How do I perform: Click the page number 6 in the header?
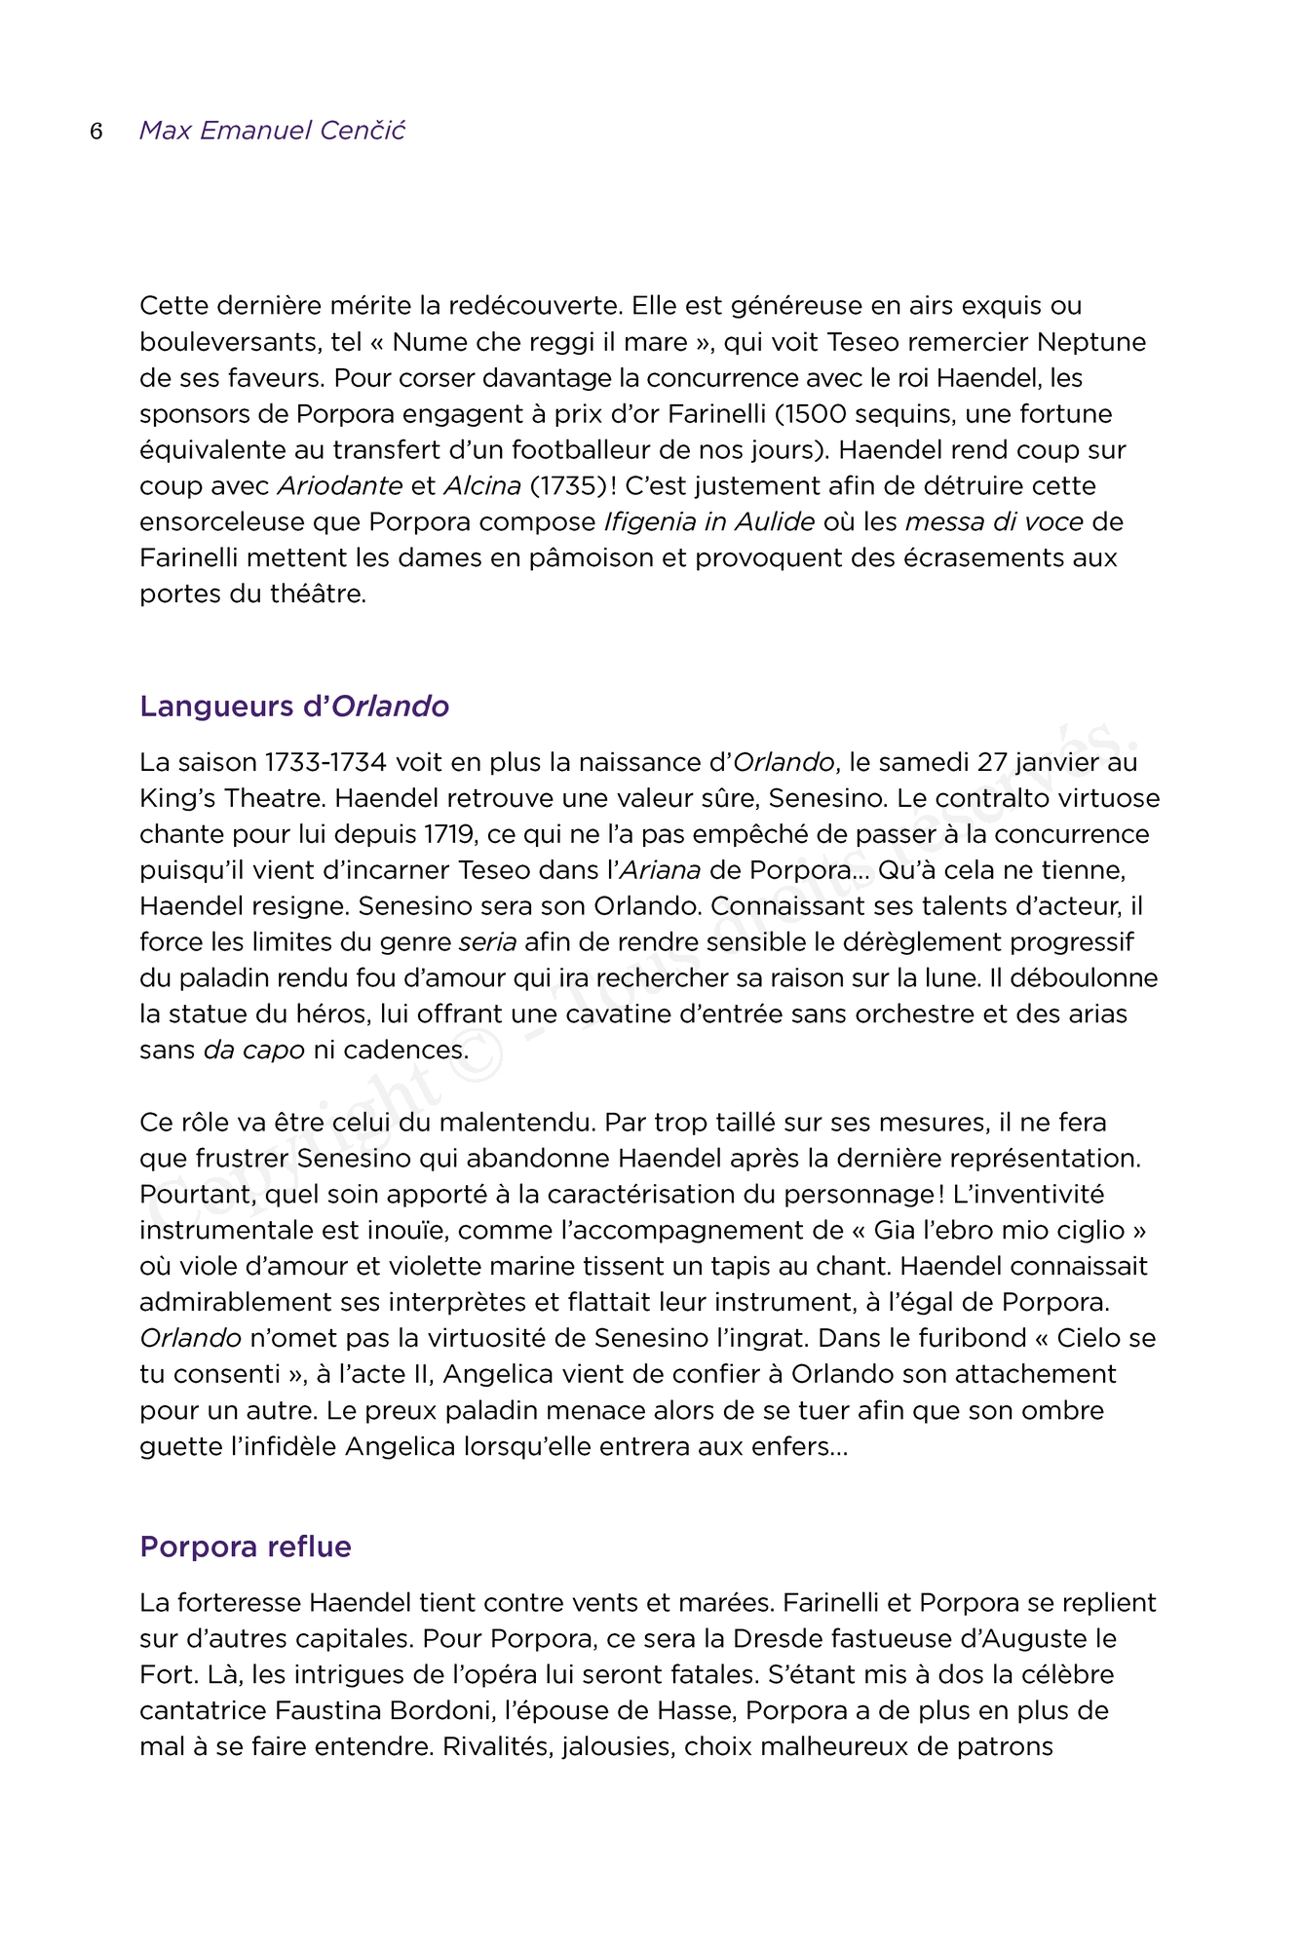96,132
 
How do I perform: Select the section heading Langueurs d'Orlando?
294,707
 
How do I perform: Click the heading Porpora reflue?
246,1547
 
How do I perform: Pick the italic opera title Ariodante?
340,486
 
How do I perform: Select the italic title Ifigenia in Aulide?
709,522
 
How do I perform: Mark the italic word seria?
487,942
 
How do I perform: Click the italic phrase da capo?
254,1051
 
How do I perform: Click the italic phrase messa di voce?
994,522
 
